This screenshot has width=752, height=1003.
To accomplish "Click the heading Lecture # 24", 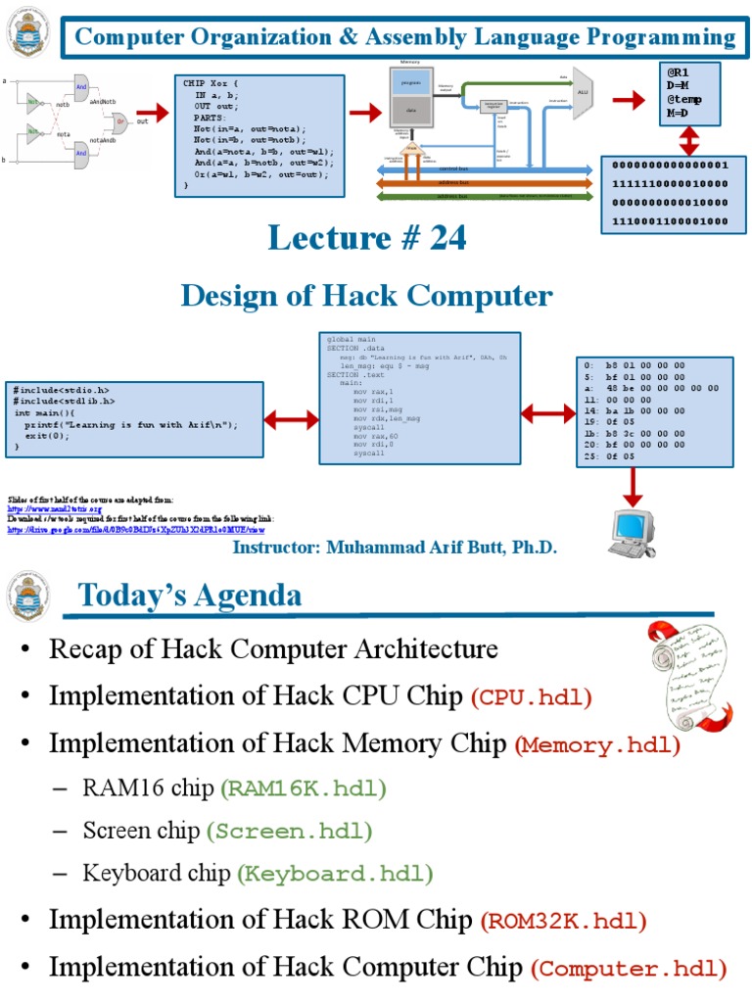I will point(368,237).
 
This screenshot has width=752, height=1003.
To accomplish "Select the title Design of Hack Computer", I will point(366,295).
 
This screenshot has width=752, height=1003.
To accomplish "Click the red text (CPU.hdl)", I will point(532,698).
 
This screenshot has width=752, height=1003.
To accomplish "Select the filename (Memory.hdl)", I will point(597,745).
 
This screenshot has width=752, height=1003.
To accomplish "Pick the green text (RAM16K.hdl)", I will point(304,788).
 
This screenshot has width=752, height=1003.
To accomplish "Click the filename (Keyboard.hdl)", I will point(334,874).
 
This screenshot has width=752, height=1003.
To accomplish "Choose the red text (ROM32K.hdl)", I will point(563,922).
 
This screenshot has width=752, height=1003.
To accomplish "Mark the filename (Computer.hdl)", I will point(629,970).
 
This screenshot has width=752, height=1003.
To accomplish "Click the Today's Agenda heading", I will point(190,595).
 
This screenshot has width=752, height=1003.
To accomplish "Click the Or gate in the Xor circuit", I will point(119,122).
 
